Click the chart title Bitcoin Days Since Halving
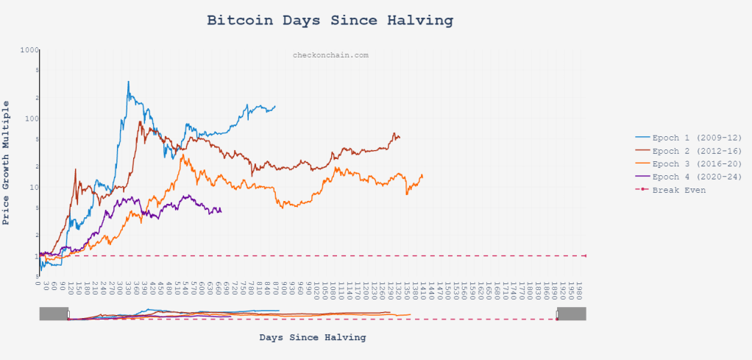[330, 20]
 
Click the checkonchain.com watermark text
[330, 55]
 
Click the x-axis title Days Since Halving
[313, 337]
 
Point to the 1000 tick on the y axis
[29, 50]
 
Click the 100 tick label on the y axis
[30, 119]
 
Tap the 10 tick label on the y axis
[32, 187]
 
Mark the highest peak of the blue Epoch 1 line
[128, 81]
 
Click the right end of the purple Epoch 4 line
[221, 211]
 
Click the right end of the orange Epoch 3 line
[422, 175]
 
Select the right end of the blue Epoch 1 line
[275, 106]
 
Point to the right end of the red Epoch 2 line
[400, 138]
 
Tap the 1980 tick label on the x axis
[579, 286]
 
